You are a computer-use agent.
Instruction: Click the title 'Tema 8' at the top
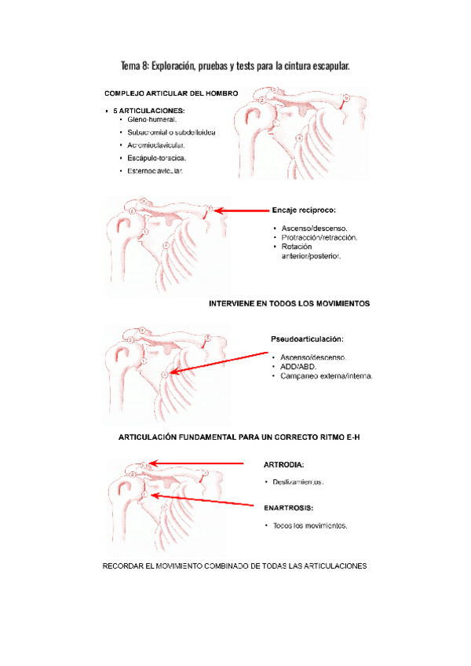click(235, 66)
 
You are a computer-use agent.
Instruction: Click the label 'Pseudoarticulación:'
click(307, 339)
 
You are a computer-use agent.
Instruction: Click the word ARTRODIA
click(284, 464)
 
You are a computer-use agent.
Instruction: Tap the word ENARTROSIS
click(290, 507)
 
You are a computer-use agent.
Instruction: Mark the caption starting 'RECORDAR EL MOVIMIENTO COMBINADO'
click(235, 565)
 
